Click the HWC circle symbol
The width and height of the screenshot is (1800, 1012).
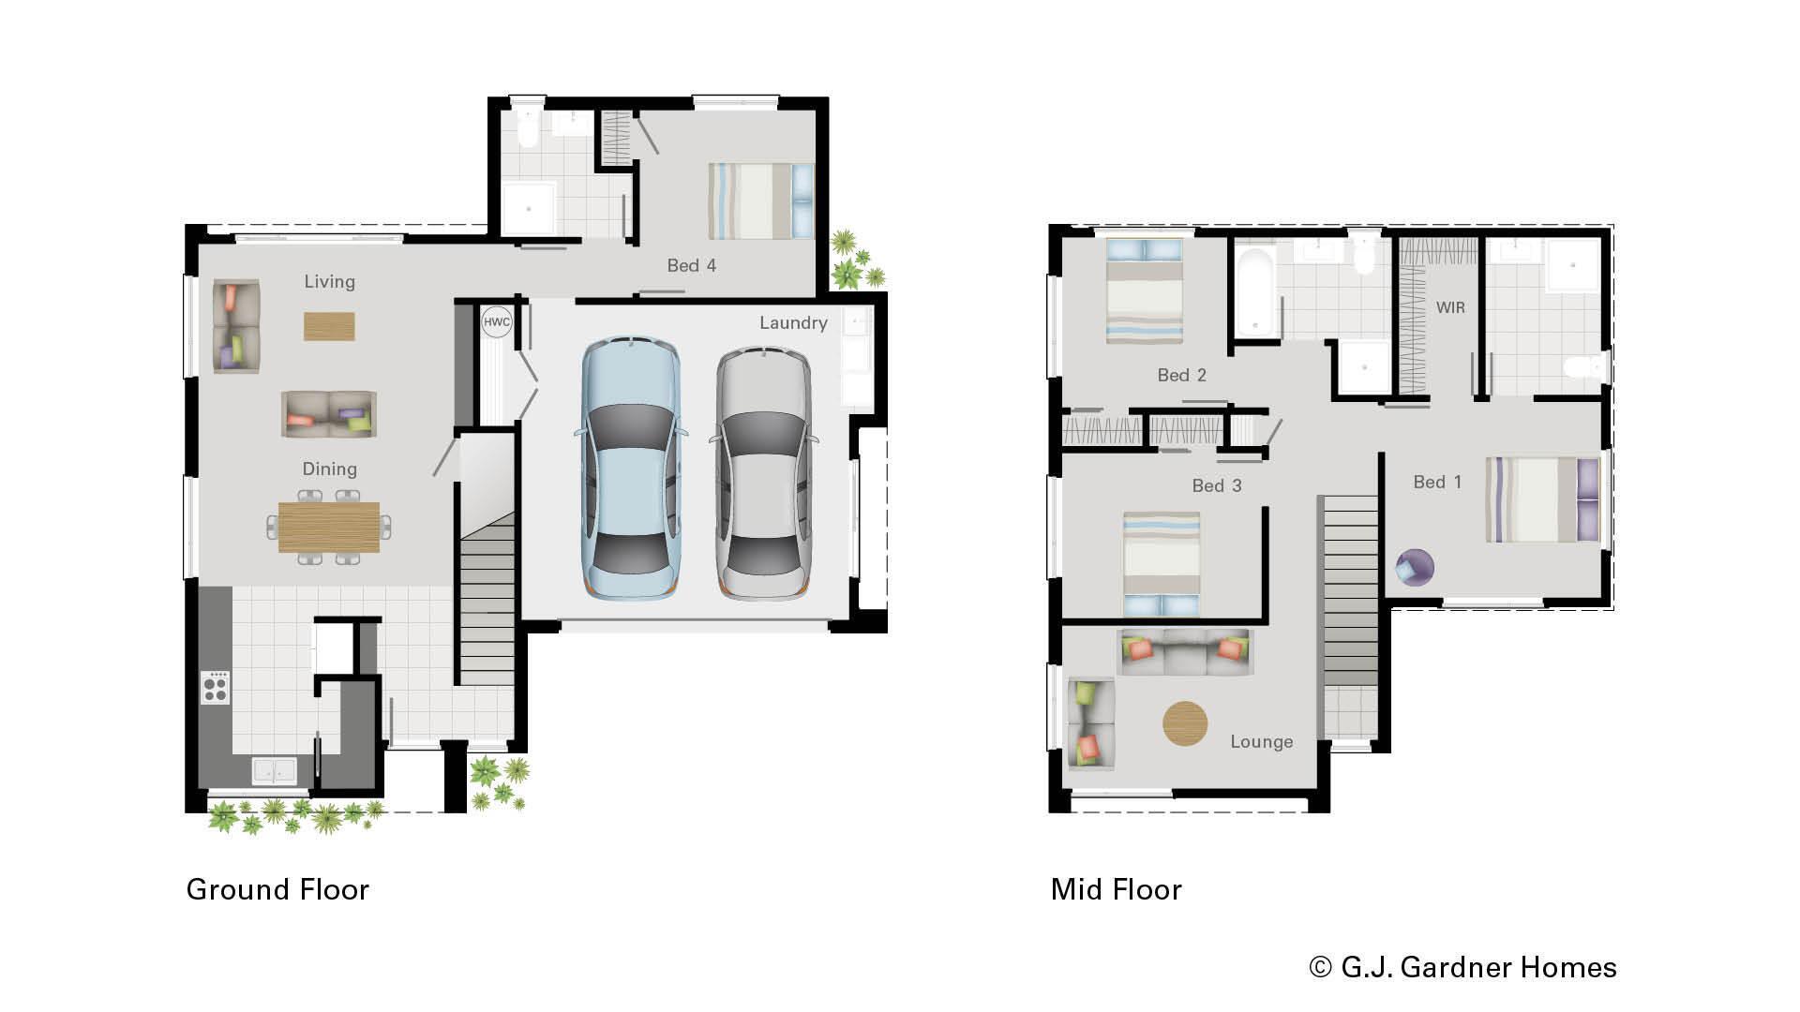point(496,322)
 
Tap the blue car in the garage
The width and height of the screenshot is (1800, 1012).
point(632,469)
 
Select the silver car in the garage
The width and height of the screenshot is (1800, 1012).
point(764,473)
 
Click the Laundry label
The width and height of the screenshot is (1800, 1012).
point(793,323)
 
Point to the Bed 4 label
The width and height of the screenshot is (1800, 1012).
point(691,266)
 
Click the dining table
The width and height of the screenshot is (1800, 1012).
point(329,527)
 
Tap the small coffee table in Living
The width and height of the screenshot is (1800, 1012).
point(329,326)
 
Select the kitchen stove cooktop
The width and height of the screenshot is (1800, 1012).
point(216,688)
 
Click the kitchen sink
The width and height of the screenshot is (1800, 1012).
point(275,770)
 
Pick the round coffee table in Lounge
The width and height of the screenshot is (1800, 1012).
point(1185,723)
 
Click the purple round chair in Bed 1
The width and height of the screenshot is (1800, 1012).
point(1415,567)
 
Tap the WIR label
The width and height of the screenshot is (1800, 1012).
point(1449,307)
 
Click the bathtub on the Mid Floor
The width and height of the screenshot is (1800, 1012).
point(1253,289)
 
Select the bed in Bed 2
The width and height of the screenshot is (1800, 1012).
point(1144,290)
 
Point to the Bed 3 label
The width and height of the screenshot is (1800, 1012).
point(1216,485)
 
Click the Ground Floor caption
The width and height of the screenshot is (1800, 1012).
point(277,889)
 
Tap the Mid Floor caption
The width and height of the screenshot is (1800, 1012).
point(1116,889)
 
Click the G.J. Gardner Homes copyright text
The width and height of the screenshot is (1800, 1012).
point(1462,967)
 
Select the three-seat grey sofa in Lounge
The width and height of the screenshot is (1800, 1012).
point(1185,652)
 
